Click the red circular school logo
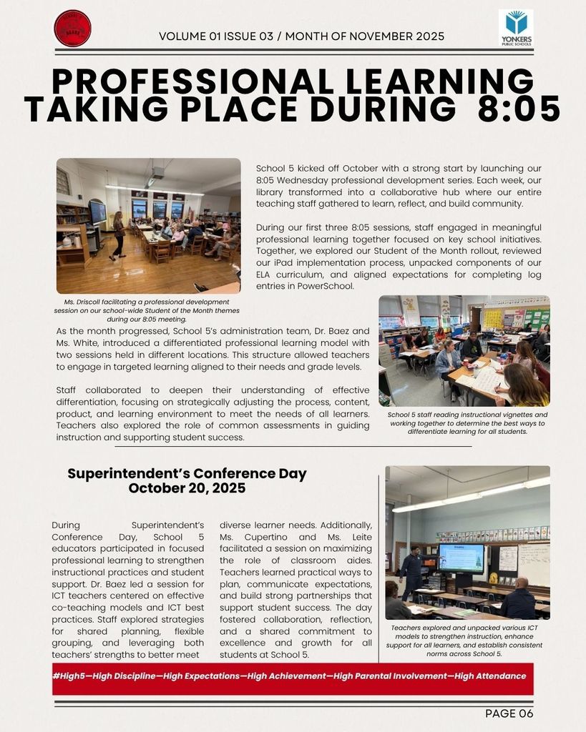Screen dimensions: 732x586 [x=72, y=29]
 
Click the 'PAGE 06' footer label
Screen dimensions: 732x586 [x=509, y=713]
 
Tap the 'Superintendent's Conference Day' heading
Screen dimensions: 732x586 [x=187, y=474]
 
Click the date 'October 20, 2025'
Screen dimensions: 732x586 [x=187, y=488]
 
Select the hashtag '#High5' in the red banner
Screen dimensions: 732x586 [x=70, y=676]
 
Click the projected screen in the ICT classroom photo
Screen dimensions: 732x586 [x=460, y=558]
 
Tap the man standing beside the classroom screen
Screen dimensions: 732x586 [x=411, y=571]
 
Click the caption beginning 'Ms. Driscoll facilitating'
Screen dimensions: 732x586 [x=147, y=310]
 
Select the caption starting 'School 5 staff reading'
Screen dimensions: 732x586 [x=466, y=423]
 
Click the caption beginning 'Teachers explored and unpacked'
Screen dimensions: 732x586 [x=466, y=640]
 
